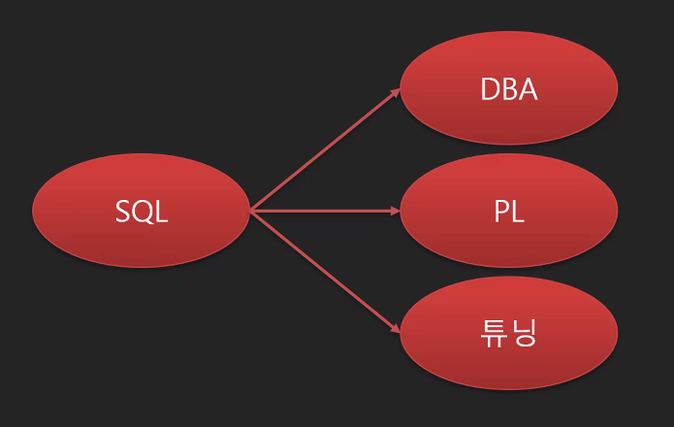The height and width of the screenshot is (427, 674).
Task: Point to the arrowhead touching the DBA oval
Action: [395, 92]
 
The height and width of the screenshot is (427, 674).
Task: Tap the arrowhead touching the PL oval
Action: [395, 210]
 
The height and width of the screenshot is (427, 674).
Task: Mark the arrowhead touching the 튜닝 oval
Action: [395, 329]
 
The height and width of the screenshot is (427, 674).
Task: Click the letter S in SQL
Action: [123, 212]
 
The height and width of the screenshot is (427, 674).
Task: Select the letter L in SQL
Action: [161, 212]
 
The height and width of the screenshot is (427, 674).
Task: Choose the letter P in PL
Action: [500, 212]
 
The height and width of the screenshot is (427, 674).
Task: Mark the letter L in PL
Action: [518, 212]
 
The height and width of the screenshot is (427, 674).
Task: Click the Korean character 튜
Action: [495, 334]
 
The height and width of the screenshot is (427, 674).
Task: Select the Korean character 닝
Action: [524, 334]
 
